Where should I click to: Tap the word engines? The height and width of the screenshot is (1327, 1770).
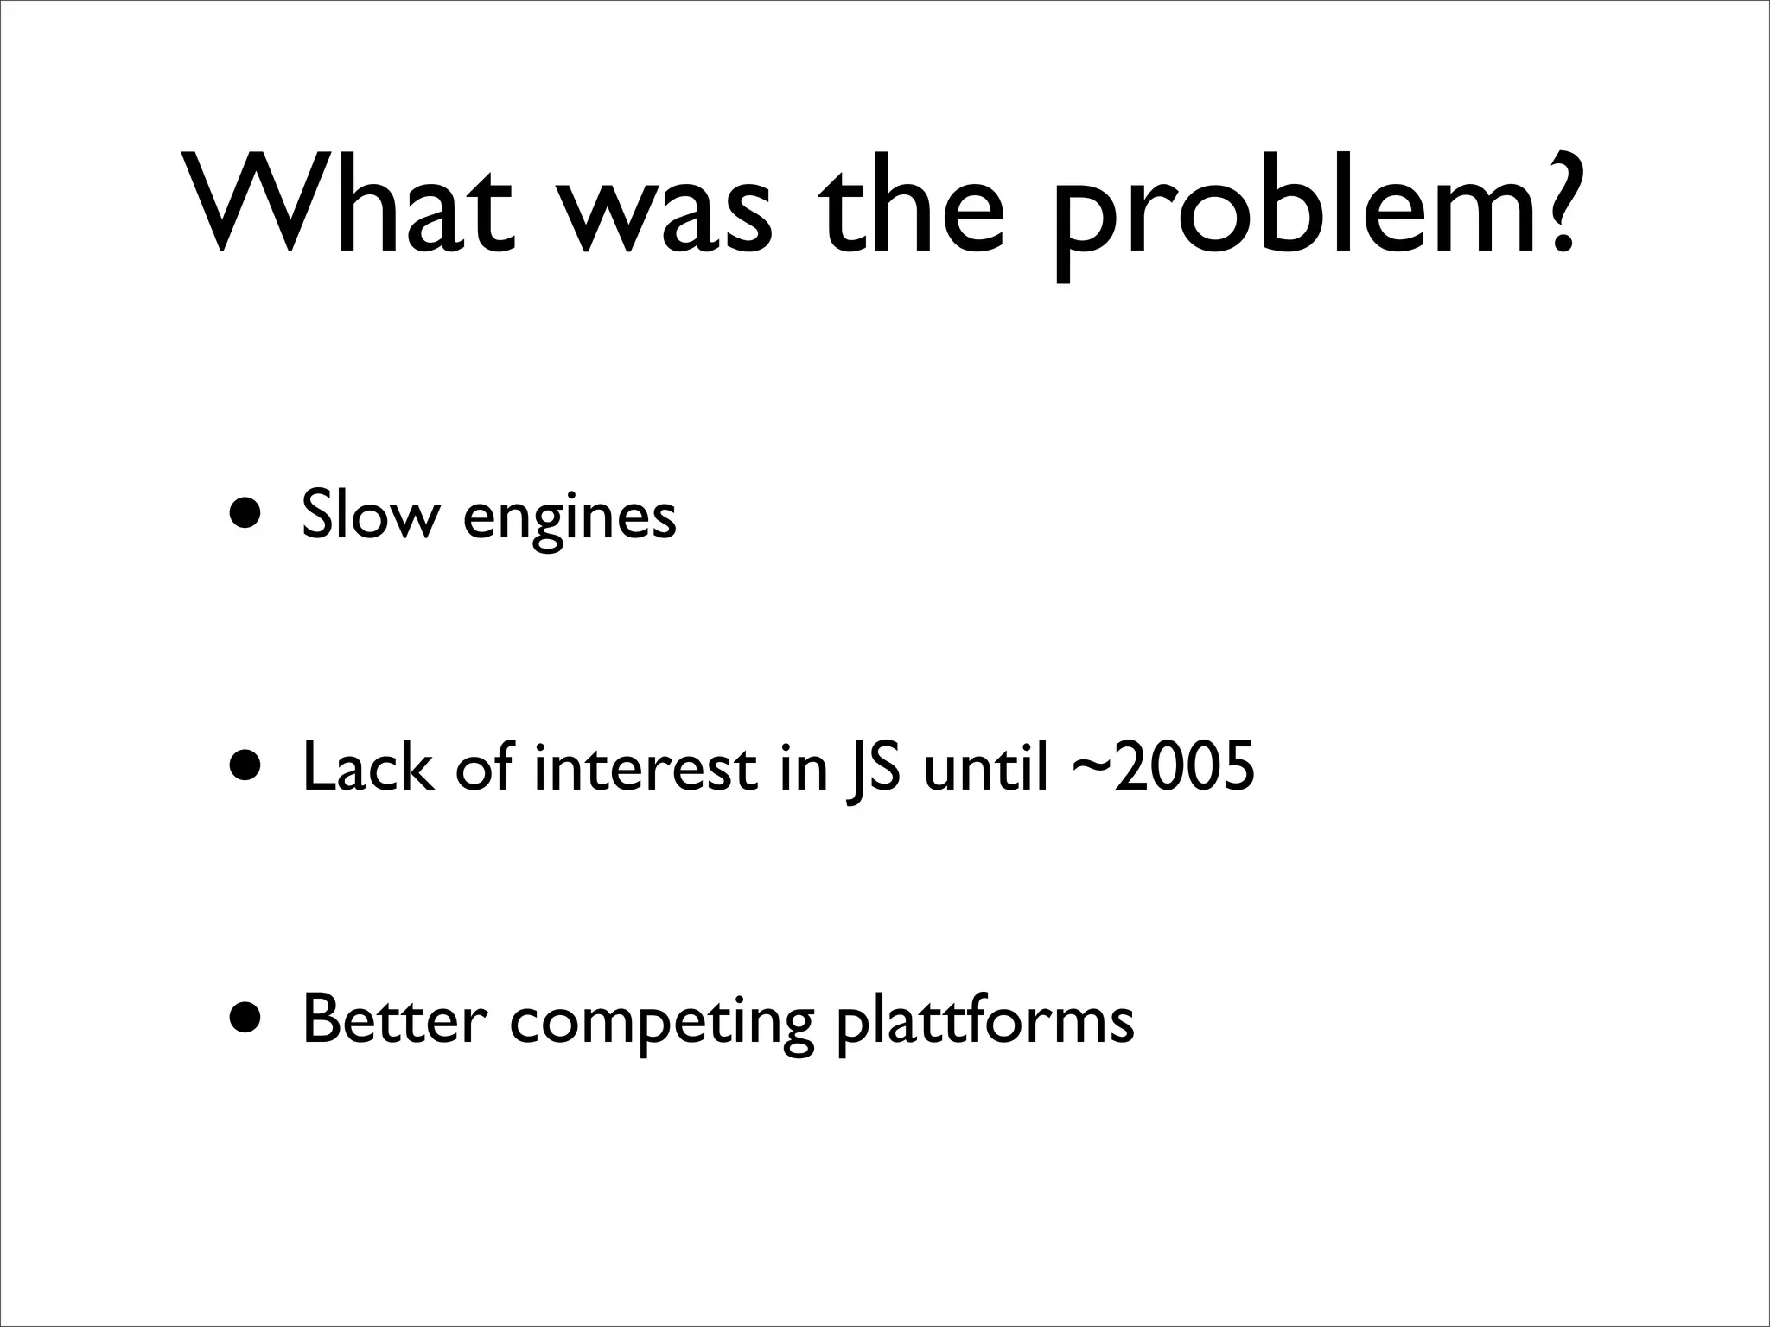(x=569, y=518)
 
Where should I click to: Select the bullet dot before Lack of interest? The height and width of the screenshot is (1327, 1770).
(x=247, y=765)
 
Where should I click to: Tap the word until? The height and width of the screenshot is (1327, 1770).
(x=986, y=766)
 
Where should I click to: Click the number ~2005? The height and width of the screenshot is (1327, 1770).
(x=1162, y=766)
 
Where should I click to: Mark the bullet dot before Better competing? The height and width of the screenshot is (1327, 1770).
(x=247, y=1019)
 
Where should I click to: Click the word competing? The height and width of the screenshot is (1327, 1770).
(x=662, y=1025)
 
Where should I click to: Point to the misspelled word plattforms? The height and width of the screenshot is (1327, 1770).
(x=984, y=1023)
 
